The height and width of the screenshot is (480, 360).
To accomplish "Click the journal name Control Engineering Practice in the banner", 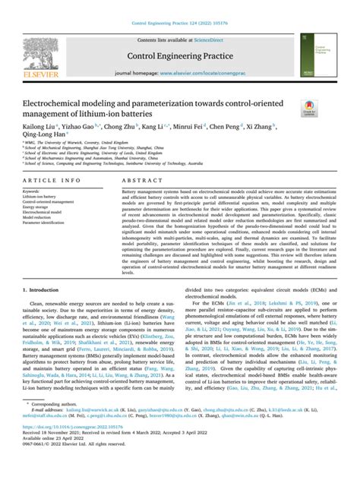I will coord(179,55).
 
